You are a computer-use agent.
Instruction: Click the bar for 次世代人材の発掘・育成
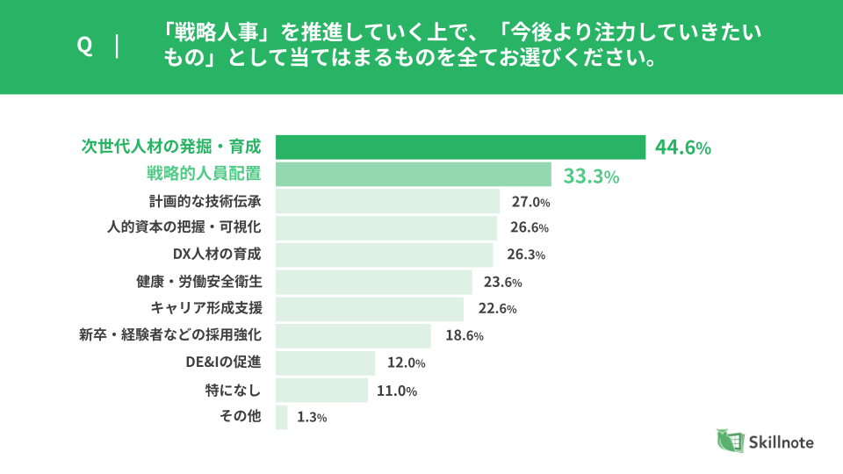coord(461,147)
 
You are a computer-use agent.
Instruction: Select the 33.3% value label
coord(591,176)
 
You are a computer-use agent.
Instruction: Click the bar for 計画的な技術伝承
coord(387,201)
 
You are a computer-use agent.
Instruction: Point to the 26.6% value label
coord(530,228)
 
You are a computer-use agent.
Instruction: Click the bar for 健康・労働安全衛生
coord(373,282)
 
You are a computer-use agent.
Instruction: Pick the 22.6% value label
coord(497,309)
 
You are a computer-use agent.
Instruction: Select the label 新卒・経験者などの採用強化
coord(170,334)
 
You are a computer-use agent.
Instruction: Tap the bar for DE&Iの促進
coord(325,363)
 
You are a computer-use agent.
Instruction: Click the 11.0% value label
coord(397,391)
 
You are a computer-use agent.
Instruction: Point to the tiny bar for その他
coord(281,417)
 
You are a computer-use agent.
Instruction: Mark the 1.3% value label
coord(312,418)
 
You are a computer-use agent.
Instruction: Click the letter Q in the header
coord(85,47)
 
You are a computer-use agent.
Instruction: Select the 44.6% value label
coord(682,147)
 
